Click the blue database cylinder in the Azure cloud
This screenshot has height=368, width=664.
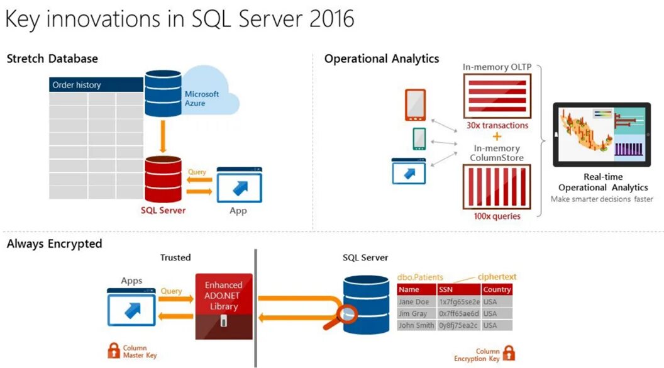163,93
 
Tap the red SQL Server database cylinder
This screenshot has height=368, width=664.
163,179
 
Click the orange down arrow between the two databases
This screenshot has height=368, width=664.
163,137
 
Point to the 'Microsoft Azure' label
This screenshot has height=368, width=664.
202,98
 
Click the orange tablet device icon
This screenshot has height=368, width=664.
415,105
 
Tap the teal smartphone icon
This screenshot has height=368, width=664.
419,139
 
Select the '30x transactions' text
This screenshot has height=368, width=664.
497,125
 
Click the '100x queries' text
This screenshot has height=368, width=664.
497,216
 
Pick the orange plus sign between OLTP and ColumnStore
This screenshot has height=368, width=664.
497,137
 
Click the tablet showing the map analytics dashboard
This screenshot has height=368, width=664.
601,134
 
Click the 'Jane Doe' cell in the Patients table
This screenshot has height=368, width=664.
414,302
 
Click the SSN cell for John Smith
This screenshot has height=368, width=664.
458,325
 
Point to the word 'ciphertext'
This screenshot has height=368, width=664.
497,277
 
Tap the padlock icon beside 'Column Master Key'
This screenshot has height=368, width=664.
114,350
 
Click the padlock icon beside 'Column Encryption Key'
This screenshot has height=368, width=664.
509,354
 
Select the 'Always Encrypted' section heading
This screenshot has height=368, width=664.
54,243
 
